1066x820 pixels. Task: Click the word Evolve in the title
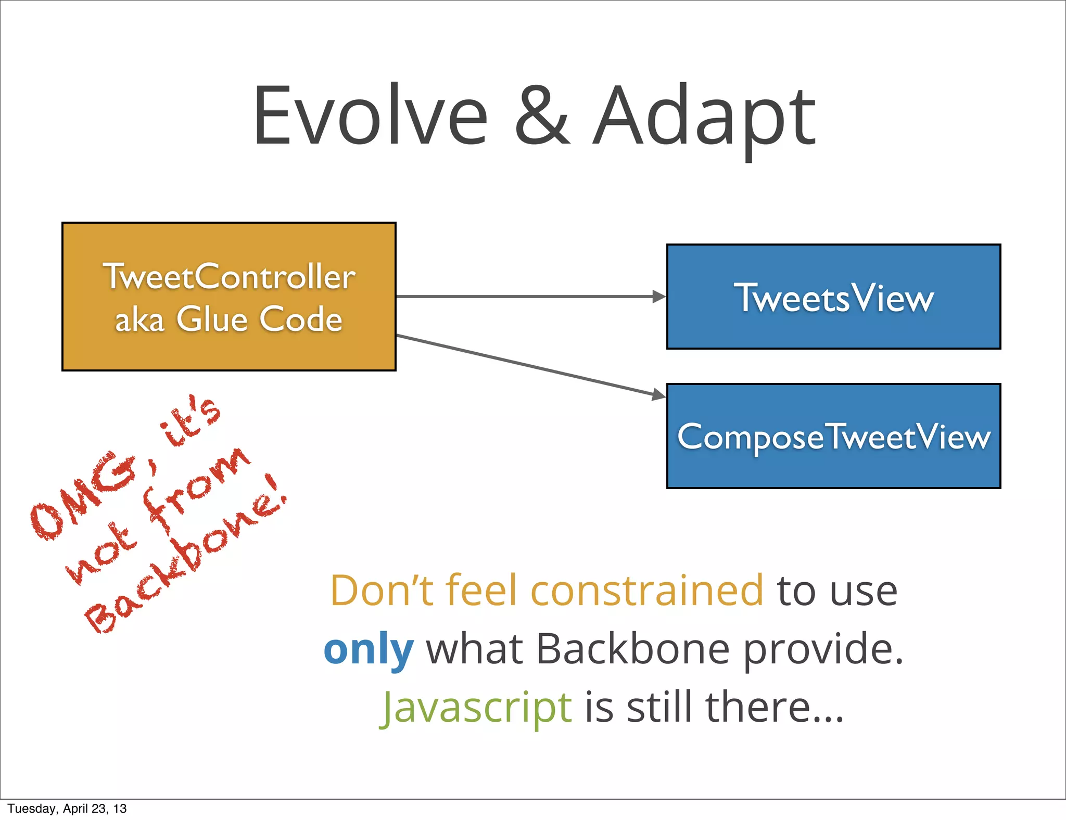tap(370, 116)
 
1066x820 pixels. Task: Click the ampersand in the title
tap(542, 117)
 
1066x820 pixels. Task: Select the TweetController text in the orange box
tap(229, 276)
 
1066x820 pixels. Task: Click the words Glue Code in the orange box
tap(259, 319)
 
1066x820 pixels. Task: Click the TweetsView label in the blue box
tap(833, 298)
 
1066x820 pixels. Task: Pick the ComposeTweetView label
tap(833, 437)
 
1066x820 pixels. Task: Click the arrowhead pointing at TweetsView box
tap(659, 297)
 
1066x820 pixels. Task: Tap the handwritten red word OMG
tap(83, 497)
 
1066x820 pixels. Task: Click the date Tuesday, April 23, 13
tap(67, 809)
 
